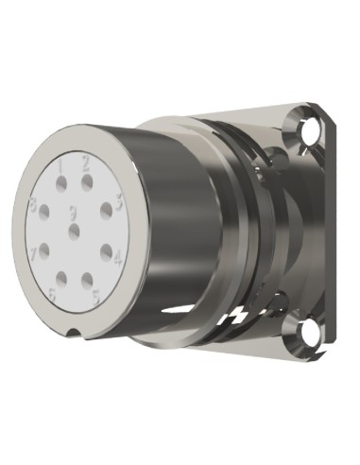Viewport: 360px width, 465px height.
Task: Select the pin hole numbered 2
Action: [x=86, y=181]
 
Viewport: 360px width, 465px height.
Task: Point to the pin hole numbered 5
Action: [x=86, y=278]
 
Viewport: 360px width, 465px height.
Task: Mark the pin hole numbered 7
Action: [x=43, y=250]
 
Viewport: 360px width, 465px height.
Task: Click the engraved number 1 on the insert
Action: [x=60, y=167]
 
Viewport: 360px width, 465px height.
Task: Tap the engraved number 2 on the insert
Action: [x=86, y=163]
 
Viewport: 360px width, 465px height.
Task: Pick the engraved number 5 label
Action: [x=95, y=296]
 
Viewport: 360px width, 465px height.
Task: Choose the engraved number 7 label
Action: [x=33, y=253]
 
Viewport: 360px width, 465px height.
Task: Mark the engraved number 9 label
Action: [x=73, y=210]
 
